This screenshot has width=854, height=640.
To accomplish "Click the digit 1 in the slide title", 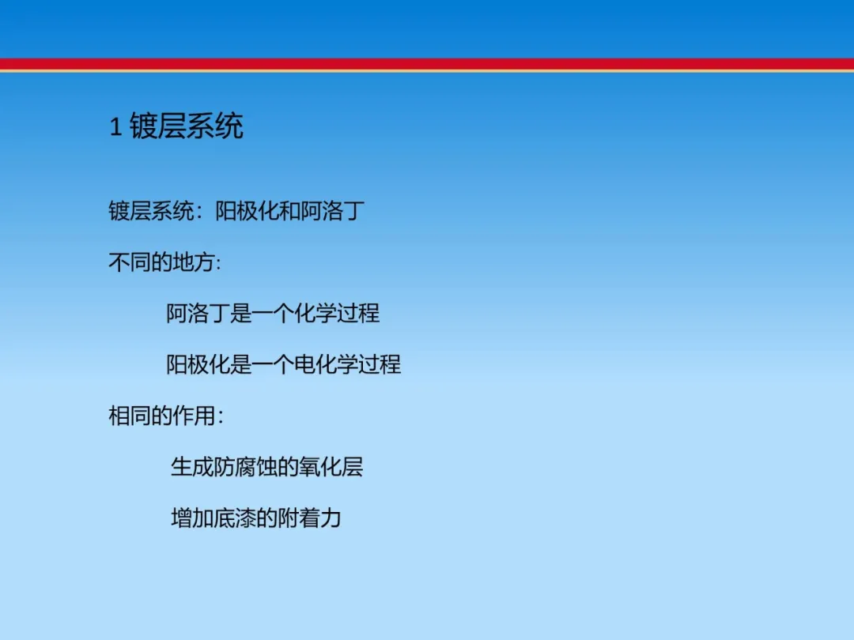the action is point(115,127).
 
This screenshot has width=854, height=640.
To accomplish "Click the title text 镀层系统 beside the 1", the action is point(187,126).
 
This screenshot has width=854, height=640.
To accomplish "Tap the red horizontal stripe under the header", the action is point(427,64).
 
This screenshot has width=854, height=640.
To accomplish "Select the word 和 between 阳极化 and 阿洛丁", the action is point(289,211).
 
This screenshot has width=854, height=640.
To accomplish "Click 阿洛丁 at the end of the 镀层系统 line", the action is point(332,211).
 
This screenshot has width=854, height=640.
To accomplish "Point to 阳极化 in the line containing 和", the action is point(248,211).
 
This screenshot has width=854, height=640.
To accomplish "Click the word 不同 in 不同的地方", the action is point(130,262).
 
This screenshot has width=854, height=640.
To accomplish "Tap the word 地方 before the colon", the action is point(194,262).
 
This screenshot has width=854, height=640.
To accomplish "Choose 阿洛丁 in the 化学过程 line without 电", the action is point(198,314).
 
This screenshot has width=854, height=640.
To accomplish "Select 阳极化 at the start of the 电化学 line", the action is point(198,364).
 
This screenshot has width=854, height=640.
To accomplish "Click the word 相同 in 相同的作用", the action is point(130,416).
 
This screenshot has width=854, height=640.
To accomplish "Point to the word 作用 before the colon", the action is point(194,416).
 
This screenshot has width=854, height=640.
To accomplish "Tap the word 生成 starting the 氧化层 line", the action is point(192,467).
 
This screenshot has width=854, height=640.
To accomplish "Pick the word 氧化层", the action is point(331,467).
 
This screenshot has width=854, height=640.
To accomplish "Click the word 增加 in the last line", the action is point(192,518).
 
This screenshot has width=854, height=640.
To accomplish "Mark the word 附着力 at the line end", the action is point(309,518).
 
